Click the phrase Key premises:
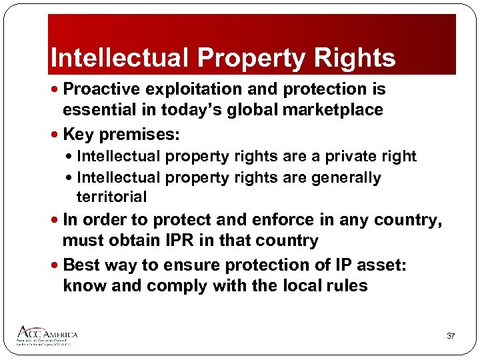tap(121, 135)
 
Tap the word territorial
tap(112, 197)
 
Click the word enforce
tap(283, 220)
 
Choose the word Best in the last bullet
tap(81, 265)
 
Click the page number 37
tap(451, 336)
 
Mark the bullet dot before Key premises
tap(55, 135)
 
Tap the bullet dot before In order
tap(55, 221)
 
